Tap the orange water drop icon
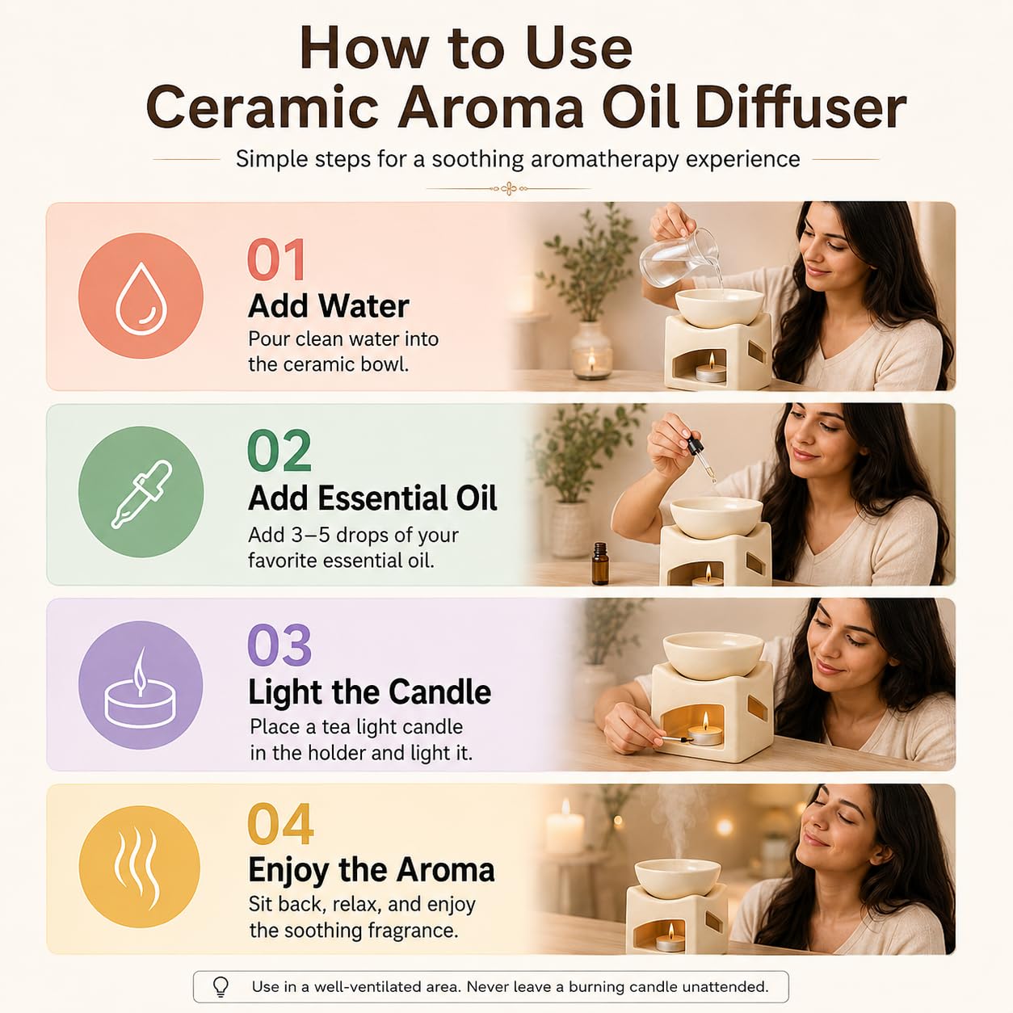tap(141, 296)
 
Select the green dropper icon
tap(141, 492)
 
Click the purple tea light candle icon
tap(141, 685)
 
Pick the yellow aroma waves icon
tap(139, 867)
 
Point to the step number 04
tap(280, 824)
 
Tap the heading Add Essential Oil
tap(372, 498)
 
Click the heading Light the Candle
tap(369, 692)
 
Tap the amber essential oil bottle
tap(600, 564)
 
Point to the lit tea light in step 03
tap(705, 731)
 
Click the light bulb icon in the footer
tap(221, 986)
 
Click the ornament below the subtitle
tap(508, 188)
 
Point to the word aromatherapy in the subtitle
tap(604, 159)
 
